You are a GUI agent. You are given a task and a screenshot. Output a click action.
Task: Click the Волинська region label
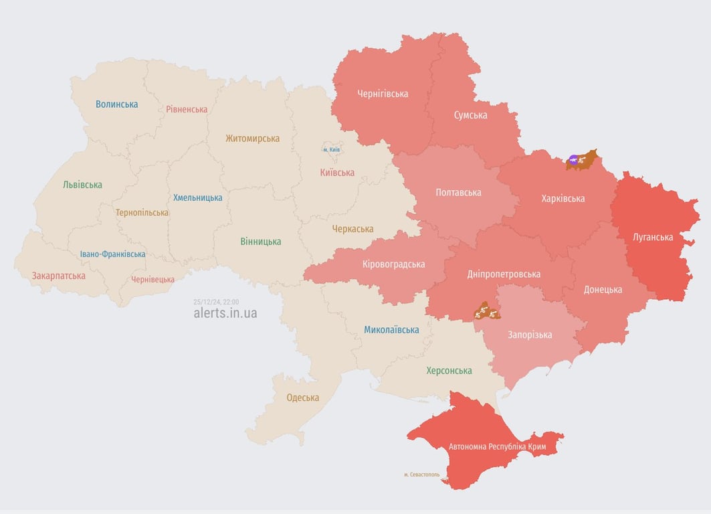click(116, 104)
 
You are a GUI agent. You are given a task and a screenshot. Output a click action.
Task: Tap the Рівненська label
click(187, 109)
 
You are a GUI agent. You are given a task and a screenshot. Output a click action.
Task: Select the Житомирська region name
click(252, 139)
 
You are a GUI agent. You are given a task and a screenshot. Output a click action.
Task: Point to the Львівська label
click(82, 185)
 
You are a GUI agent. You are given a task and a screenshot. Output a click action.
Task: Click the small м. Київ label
click(331, 149)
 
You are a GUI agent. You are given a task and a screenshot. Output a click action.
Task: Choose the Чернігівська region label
click(383, 94)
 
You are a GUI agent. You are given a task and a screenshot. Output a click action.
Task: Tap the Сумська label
click(470, 115)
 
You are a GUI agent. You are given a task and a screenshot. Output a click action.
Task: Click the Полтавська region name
click(458, 193)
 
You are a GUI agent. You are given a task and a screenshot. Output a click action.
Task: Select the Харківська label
click(563, 198)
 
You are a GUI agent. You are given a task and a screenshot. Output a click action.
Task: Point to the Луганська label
click(653, 237)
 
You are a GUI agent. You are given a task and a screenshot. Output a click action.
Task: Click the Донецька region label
click(603, 289)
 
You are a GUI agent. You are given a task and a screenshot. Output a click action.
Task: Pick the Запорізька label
click(530, 335)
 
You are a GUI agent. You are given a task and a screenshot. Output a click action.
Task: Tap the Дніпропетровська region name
click(504, 274)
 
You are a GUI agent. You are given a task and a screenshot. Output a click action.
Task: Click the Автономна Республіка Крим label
click(497, 446)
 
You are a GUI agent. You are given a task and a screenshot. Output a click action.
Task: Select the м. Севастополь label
click(421, 475)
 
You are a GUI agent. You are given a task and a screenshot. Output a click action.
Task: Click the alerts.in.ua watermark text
click(225, 313)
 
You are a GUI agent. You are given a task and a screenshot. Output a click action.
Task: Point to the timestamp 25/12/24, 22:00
click(215, 302)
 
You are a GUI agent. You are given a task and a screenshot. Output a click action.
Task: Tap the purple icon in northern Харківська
click(573, 159)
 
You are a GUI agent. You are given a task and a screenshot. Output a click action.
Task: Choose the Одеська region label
click(302, 398)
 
